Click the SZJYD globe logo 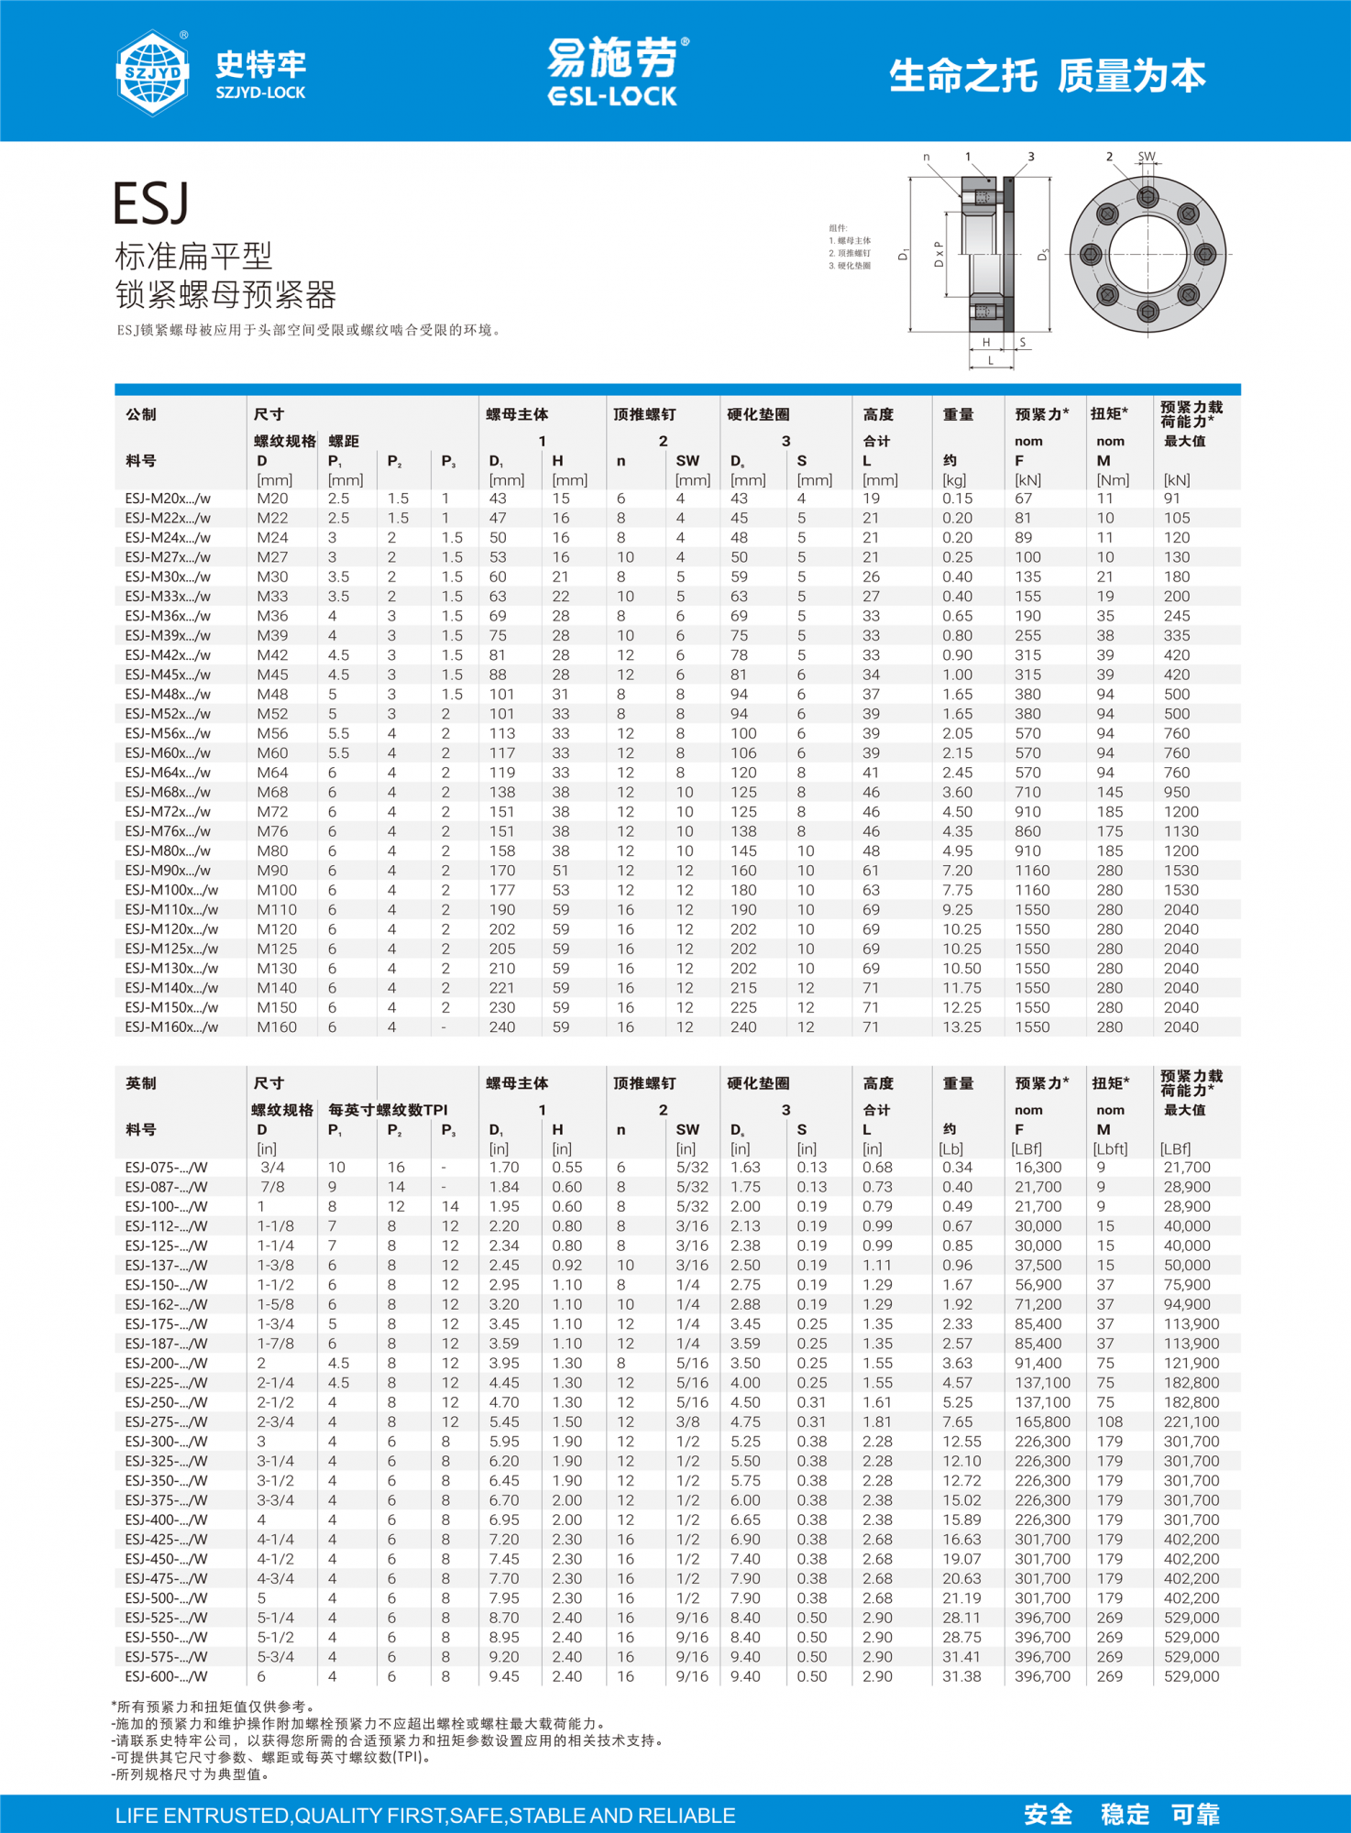(152, 72)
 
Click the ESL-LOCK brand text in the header (612, 96)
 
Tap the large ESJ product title (151, 203)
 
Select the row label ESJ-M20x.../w (168, 499)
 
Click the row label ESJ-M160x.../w (171, 1027)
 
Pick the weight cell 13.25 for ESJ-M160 (961, 1027)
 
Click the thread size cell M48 (272, 695)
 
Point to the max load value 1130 (1181, 831)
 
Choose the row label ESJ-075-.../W (166, 1168)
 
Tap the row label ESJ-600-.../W (166, 1676)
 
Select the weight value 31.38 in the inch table (961, 1676)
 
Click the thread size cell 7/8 (272, 1187)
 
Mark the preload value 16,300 (1038, 1168)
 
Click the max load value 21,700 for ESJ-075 (1187, 1168)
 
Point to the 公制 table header (141, 414)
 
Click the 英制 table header (141, 1083)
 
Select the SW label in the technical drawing (1147, 157)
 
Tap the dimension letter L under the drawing (991, 361)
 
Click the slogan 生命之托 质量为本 (1047, 76)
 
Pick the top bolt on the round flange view (1148, 197)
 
